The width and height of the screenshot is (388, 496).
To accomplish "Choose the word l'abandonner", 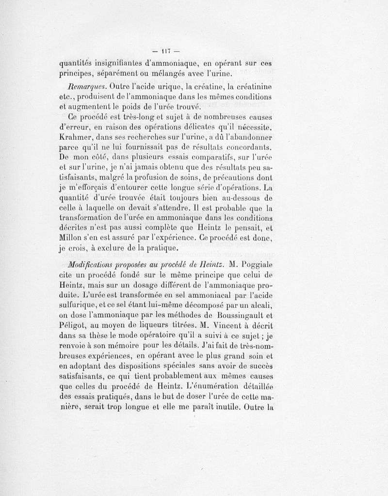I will click(245, 138).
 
